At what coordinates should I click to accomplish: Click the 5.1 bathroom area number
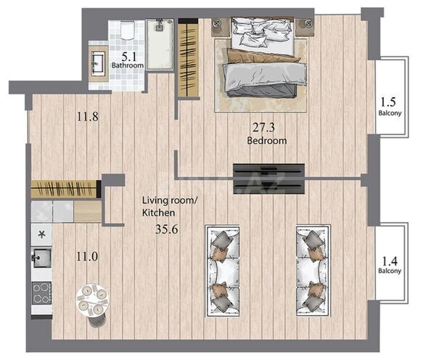click(129, 57)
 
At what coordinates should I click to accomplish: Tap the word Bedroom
click(267, 141)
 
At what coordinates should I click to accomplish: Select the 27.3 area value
click(263, 128)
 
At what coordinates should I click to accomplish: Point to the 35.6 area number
click(167, 229)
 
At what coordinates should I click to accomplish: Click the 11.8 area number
click(88, 116)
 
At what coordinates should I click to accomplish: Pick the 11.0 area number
click(87, 257)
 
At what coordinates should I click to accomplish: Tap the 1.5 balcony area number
click(388, 102)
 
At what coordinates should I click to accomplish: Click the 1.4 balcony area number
click(390, 261)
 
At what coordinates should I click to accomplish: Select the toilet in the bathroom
click(127, 30)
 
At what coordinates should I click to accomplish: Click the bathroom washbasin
click(98, 64)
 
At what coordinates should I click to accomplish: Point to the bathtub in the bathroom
click(160, 44)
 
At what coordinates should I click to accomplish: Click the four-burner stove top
click(41, 293)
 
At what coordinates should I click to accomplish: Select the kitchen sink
click(42, 258)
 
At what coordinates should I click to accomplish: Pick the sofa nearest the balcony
click(313, 271)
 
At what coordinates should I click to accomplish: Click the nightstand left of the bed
click(221, 27)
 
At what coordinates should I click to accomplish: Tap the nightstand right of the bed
click(305, 27)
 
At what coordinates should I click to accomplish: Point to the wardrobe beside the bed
click(188, 57)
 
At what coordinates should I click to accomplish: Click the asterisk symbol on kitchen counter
click(42, 234)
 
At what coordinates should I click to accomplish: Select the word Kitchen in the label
click(159, 213)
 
